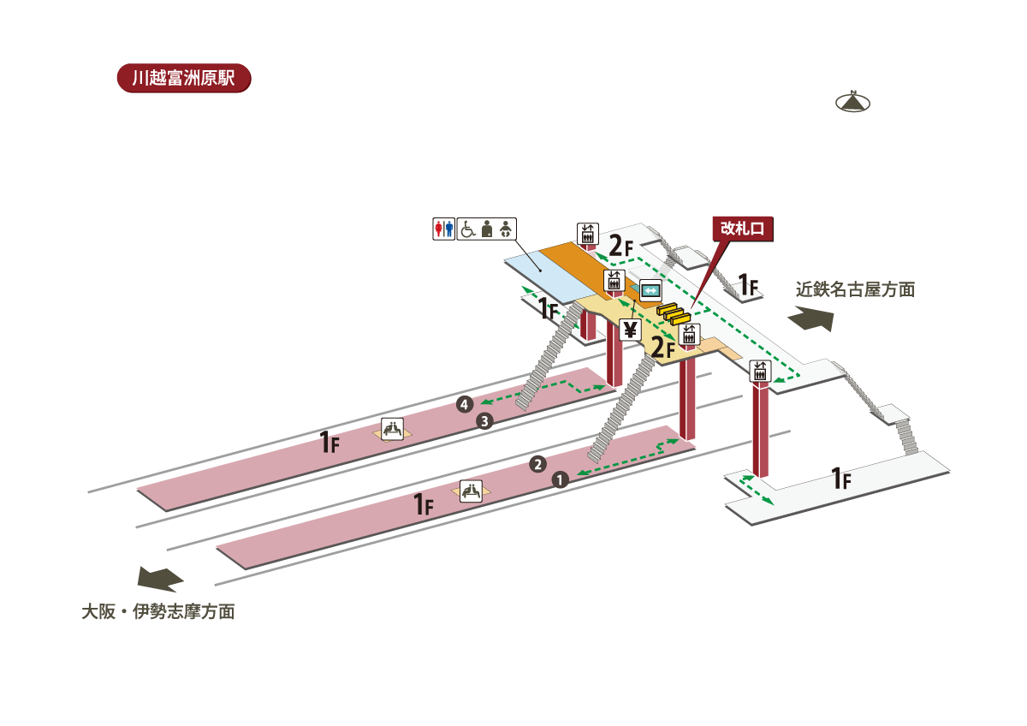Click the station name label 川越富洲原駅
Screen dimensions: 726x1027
click(x=183, y=77)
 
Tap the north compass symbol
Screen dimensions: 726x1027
click(x=852, y=102)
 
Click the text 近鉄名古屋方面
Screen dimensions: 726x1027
click(x=855, y=289)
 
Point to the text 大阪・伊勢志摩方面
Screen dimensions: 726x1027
click(x=158, y=612)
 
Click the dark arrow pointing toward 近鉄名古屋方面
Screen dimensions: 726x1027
click(x=810, y=319)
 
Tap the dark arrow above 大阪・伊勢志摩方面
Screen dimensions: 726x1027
click(x=161, y=579)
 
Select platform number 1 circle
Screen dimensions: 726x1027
click(x=561, y=480)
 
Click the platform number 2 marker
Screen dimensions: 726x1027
click(x=537, y=465)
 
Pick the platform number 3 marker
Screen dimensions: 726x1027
click(x=484, y=420)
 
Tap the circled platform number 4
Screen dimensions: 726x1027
click(x=465, y=404)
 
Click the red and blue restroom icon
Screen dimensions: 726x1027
click(x=443, y=229)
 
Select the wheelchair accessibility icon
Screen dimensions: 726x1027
click(x=468, y=229)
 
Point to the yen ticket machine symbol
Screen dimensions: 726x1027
click(x=631, y=329)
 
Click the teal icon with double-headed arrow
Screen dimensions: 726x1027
click(x=650, y=290)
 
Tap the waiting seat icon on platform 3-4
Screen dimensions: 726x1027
click(x=392, y=429)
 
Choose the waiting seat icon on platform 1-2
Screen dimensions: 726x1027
click(x=471, y=491)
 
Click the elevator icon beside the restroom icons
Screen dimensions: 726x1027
click(x=587, y=232)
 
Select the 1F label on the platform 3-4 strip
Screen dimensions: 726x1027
click(x=329, y=443)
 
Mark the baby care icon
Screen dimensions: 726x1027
click(x=506, y=229)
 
